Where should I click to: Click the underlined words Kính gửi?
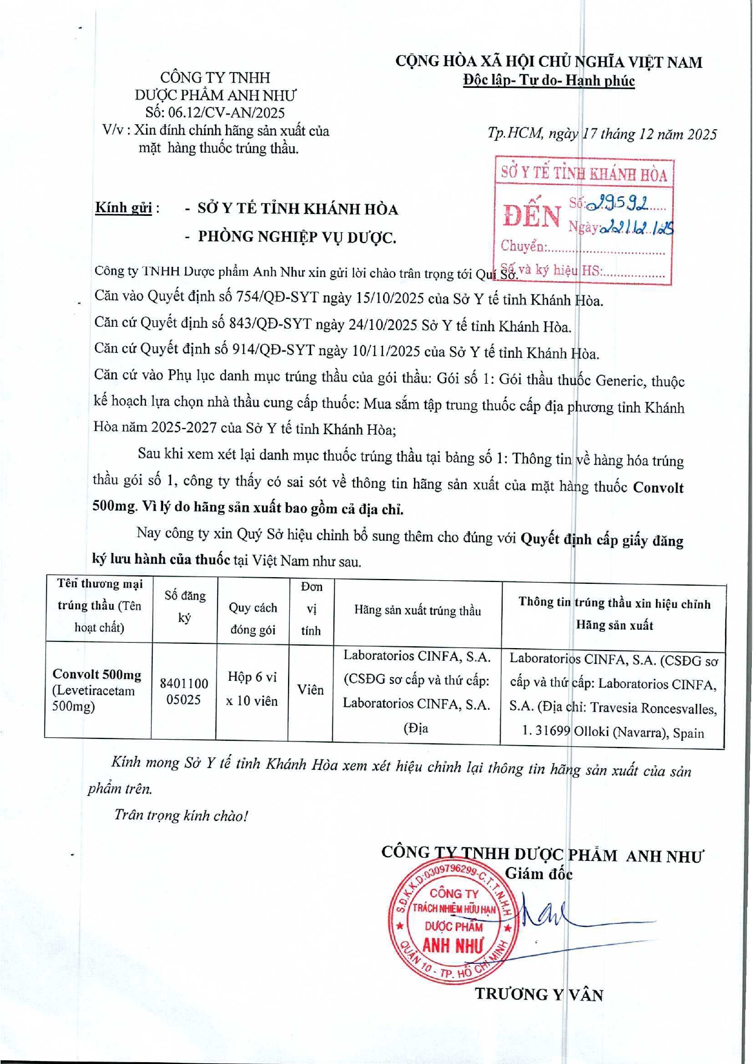(123, 208)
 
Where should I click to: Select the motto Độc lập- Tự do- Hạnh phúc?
(548, 81)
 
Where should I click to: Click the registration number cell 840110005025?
(184, 691)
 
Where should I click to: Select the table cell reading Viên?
(310, 690)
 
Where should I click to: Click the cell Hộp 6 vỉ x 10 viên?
(252, 689)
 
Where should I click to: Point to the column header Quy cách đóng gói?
(253, 619)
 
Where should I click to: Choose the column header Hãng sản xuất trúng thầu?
(417, 611)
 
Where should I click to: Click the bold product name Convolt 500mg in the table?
(97, 675)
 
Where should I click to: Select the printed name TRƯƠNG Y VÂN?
(539, 994)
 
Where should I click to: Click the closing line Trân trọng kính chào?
(181, 815)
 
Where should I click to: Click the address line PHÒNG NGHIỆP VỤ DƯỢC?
(297, 237)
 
